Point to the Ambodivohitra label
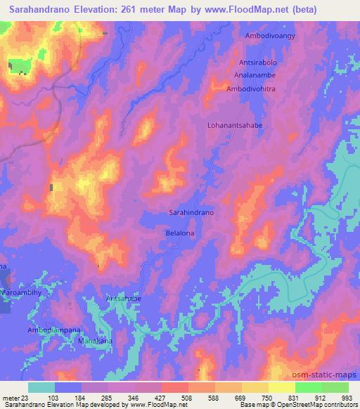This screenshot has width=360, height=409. tap(250, 89)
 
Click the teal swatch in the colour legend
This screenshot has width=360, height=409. tap(41, 387)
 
